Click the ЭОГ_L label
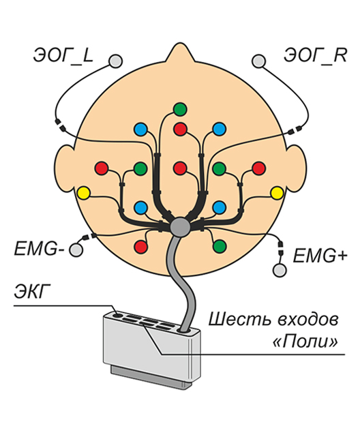(63, 55)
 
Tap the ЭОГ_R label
(315, 55)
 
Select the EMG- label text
(39, 249)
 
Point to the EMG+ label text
(320, 256)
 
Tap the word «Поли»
(305, 342)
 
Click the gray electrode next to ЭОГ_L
(115, 61)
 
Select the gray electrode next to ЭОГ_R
(259, 61)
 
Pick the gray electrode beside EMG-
(76, 250)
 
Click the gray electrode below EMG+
(280, 270)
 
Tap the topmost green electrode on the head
(180, 109)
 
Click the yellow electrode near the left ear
(83, 193)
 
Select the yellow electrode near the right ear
(277, 193)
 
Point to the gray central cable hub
(179, 227)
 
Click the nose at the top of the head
(180, 52)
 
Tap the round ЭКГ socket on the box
(117, 314)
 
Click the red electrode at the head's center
(180, 168)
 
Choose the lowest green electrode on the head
(220, 246)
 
